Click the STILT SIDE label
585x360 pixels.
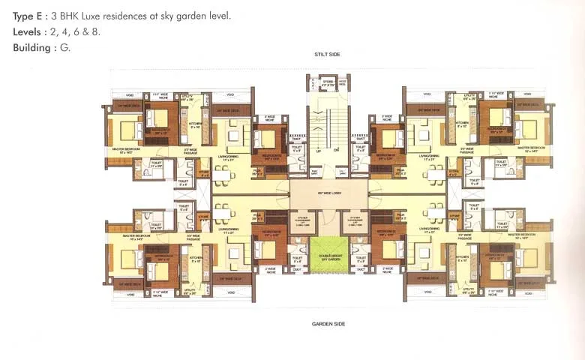tap(328, 55)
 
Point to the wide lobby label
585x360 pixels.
tap(328, 193)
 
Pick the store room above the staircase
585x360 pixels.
tap(328, 85)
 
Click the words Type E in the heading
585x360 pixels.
tap(28, 15)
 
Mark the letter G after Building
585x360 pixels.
tap(66, 48)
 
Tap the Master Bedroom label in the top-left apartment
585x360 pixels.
tap(127, 148)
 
